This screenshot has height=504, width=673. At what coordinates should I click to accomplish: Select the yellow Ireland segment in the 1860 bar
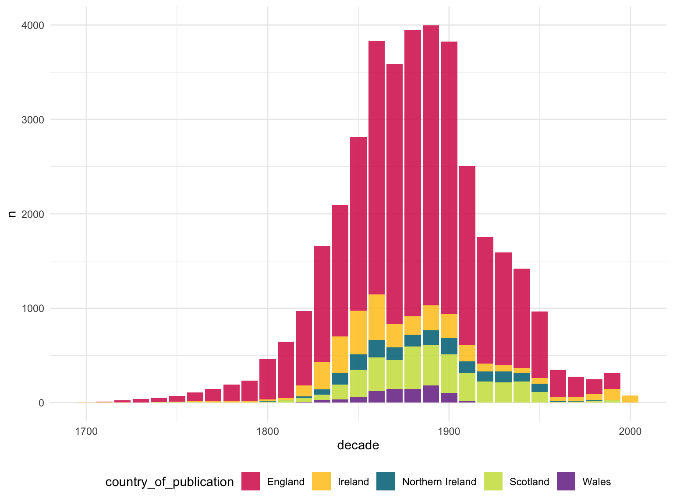[x=376, y=317]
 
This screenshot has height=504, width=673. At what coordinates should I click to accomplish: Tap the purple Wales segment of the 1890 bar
[x=431, y=394]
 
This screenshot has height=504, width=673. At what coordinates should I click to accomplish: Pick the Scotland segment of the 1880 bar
[x=413, y=367]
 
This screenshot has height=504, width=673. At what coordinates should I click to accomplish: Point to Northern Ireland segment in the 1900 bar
[x=449, y=346]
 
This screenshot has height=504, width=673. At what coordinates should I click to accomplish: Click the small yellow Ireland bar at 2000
[x=630, y=399]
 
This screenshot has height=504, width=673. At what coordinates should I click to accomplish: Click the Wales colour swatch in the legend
[x=566, y=481]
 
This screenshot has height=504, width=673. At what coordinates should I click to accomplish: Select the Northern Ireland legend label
[x=439, y=482]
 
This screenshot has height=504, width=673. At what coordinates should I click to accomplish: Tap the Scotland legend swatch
[x=493, y=481]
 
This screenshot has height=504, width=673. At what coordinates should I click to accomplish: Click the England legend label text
[x=286, y=482]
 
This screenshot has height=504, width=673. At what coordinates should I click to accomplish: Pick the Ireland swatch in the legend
[x=321, y=481]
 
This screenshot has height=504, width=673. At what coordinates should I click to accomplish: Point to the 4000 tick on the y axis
[x=34, y=25]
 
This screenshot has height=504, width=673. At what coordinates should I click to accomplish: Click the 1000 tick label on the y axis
[x=34, y=308]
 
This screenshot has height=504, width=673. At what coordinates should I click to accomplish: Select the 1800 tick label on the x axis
[x=268, y=431]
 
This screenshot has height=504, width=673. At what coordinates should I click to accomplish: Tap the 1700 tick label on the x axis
[x=86, y=431]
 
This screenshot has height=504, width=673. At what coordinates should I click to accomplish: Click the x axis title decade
[x=358, y=445]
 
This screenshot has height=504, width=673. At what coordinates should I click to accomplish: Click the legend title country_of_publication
[x=170, y=482]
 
